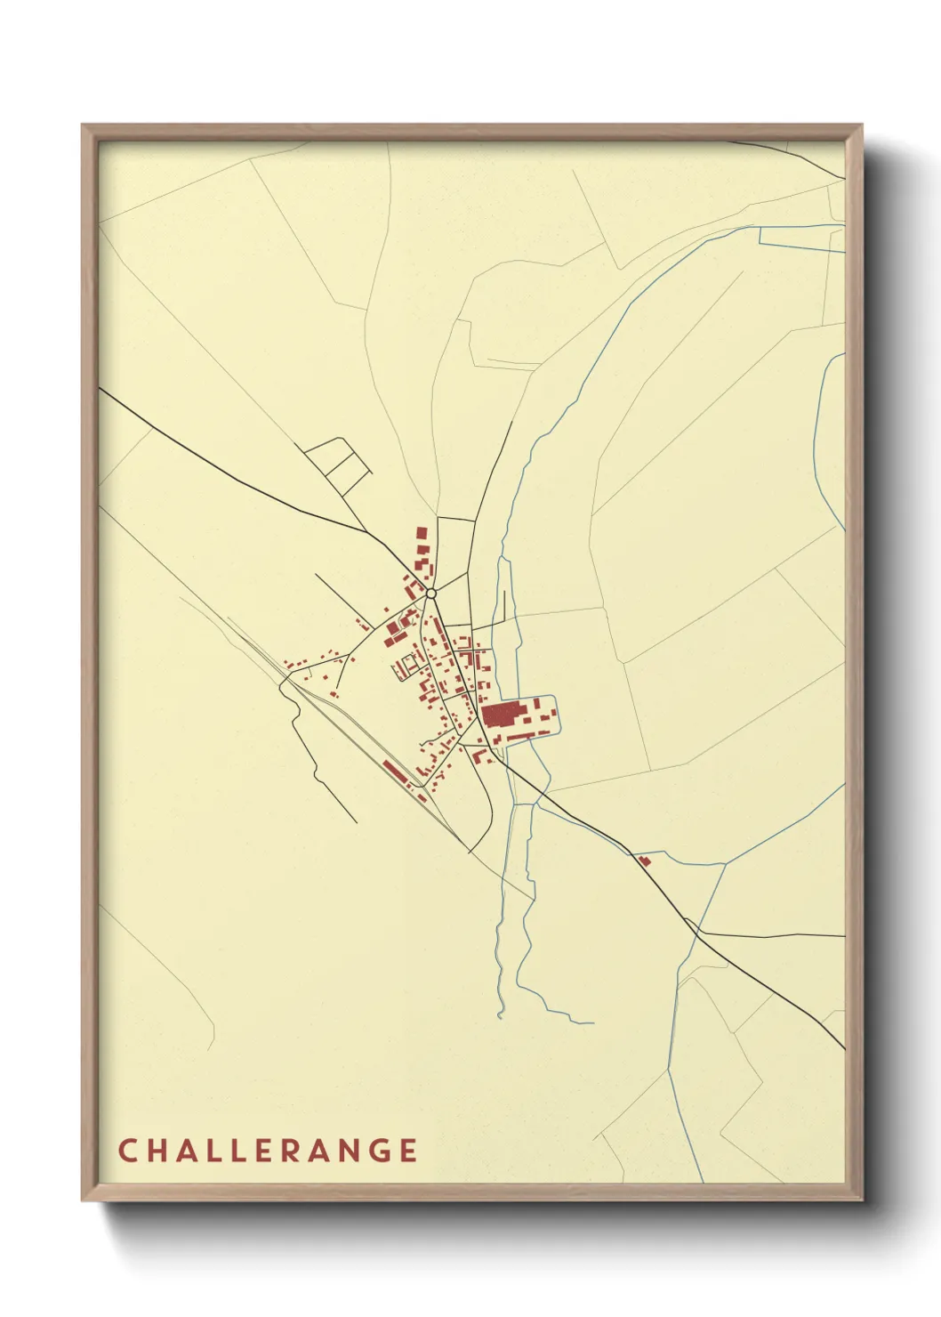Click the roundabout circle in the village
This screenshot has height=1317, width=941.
(430, 593)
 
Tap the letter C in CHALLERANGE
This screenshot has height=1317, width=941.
(126, 1151)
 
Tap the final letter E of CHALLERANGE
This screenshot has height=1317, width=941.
(408, 1151)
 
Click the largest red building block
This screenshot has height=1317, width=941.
(502, 715)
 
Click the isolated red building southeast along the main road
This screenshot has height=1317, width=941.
(643, 860)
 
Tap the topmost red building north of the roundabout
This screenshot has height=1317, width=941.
(422, 533)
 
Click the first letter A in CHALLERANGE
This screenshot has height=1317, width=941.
(187, 1151)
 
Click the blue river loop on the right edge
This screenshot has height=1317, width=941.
(832, 445)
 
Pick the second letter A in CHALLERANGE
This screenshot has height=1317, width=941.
(318, 1151)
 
